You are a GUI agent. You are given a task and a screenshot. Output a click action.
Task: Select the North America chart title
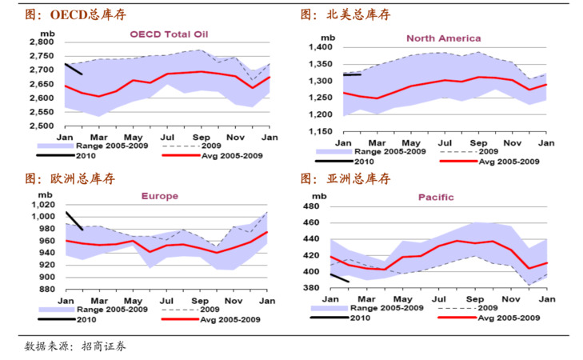(x=443, y=38)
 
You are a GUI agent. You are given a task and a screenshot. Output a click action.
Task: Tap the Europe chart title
(x=160, y=196)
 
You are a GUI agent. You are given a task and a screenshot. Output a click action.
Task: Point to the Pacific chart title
(x=436, y=197)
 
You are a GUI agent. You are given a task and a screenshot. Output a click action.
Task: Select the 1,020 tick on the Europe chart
(x=43, y=206)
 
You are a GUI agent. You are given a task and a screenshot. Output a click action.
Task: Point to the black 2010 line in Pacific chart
(x=340, y=278)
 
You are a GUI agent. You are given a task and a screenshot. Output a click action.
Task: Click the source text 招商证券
(x=104, y=346)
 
